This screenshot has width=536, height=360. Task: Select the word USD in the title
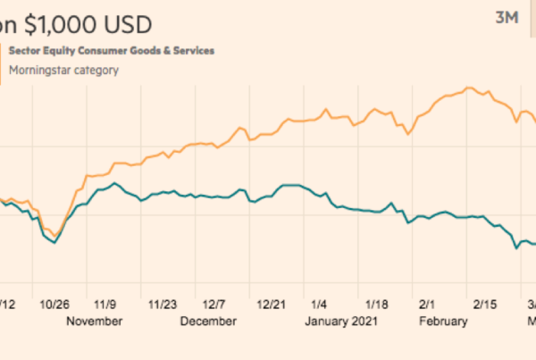tap(128, 22)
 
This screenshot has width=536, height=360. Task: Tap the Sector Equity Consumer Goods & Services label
tap(112, 51)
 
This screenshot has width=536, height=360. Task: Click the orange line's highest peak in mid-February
tap(468, 88)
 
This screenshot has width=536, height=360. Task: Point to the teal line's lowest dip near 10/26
tap(54, 242)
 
